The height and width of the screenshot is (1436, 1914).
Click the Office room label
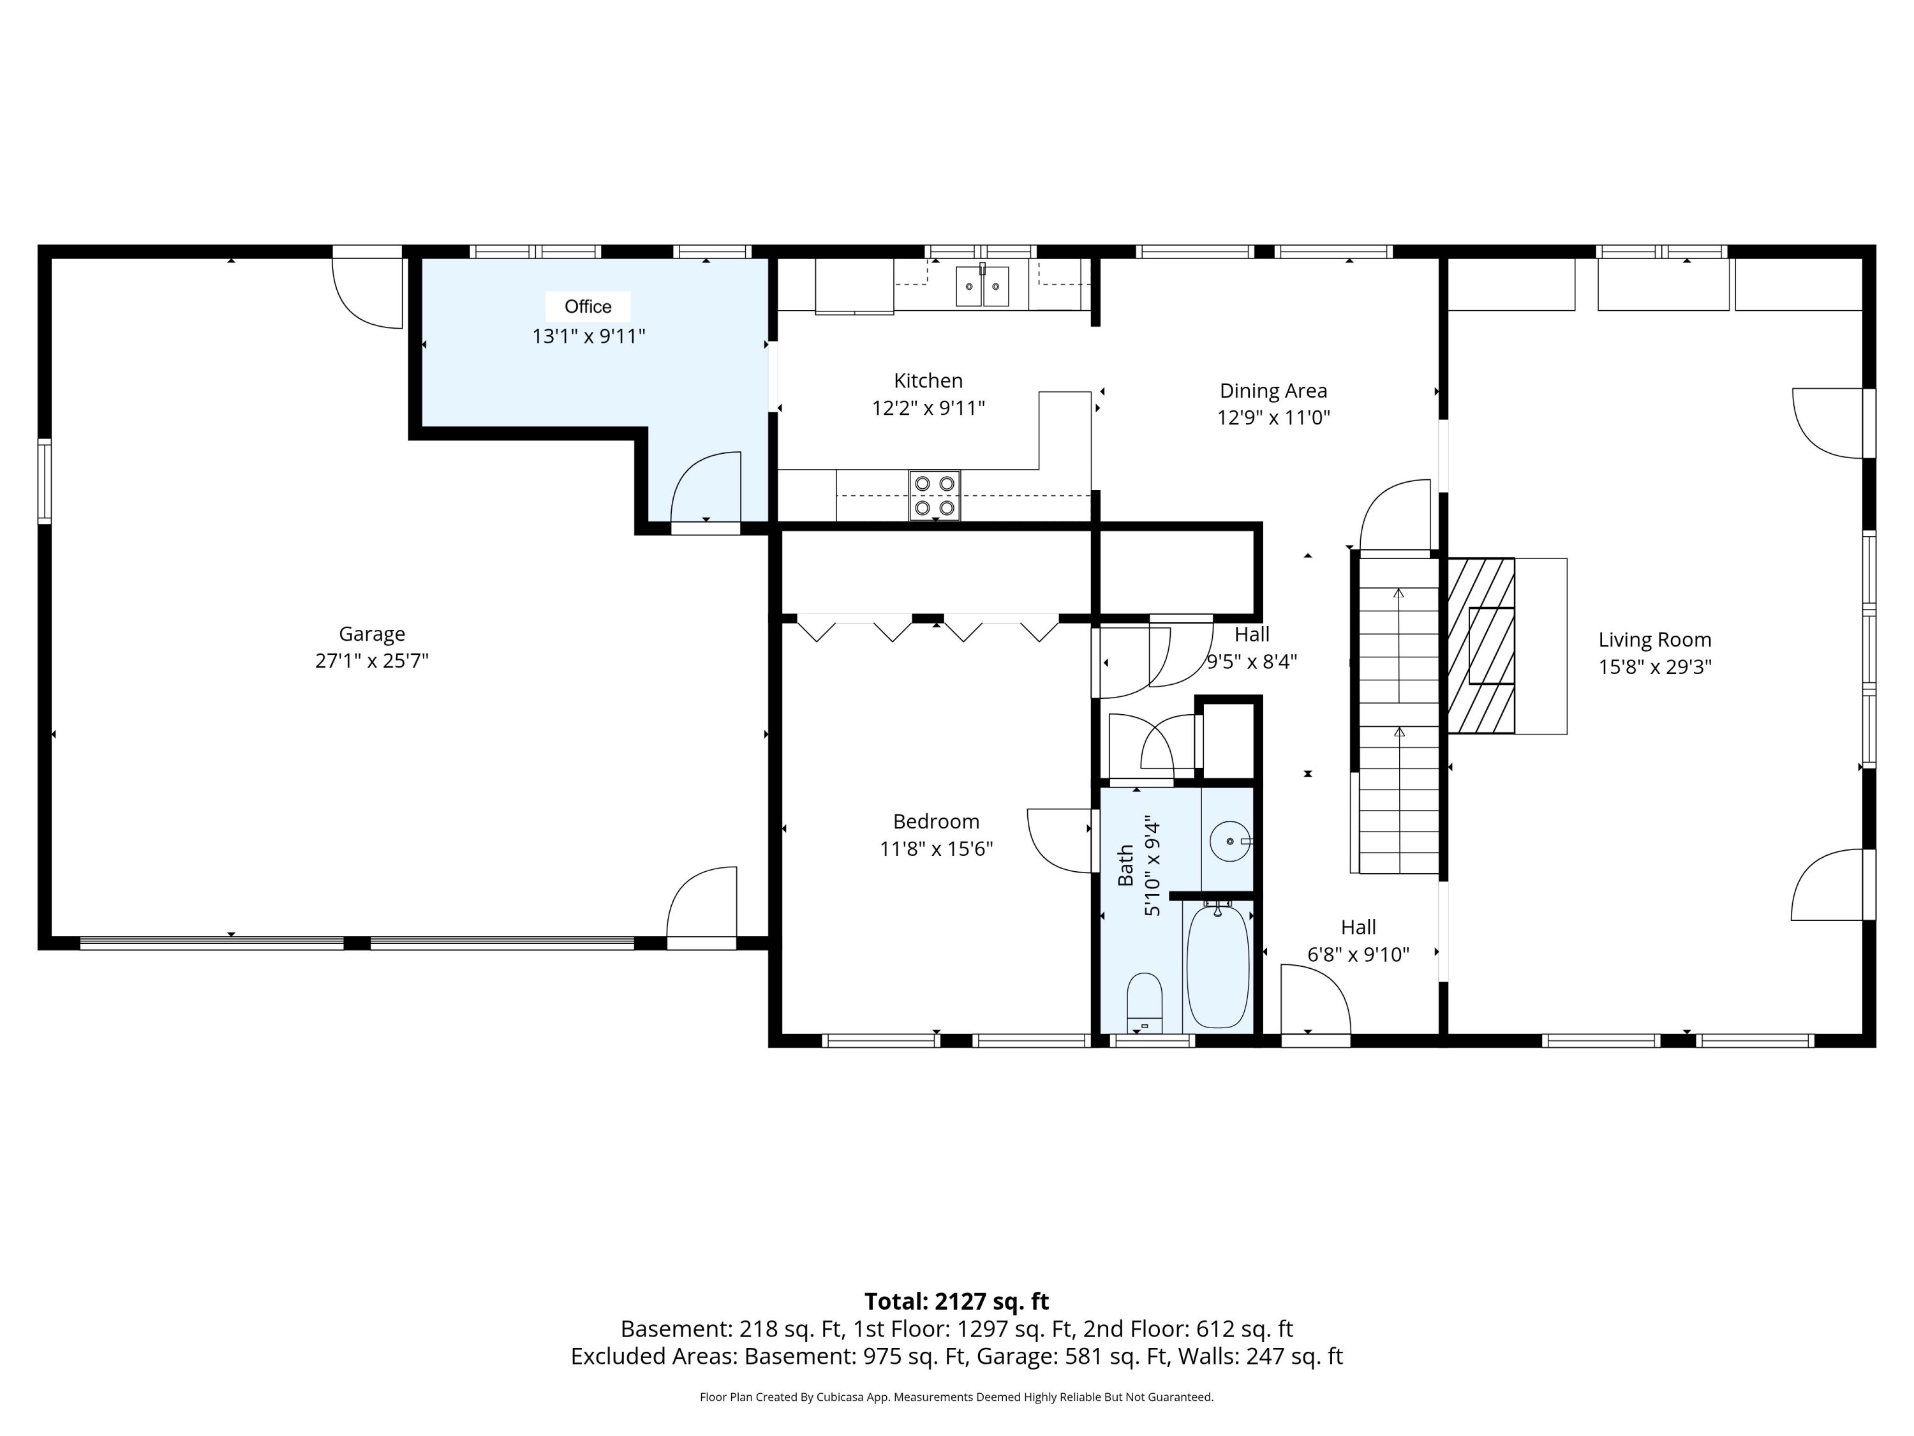(588, 306)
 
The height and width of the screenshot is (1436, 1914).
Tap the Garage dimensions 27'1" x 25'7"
(372, 661)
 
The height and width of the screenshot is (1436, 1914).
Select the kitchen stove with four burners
(935, 496)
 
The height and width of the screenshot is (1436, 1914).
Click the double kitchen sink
(982, 287)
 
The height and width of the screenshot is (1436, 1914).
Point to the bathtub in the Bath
(1217, 966)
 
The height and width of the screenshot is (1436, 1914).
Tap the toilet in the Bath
(1145, 1004)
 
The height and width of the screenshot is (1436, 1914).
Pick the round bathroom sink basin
(1229, 841)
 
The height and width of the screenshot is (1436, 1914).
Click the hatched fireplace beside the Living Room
(1481, 646)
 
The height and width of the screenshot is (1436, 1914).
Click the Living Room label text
(1654, 639)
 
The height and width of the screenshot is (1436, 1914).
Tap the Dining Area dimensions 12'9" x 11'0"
(1273, 418)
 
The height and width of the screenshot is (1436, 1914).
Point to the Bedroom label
(936, 821)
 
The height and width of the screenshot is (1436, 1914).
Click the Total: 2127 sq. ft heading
(956, 1302)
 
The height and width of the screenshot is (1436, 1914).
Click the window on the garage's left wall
(44, 481)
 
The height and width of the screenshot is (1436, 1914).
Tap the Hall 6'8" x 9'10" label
(1358, 941)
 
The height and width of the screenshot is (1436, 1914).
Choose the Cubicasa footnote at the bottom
(956, 1397)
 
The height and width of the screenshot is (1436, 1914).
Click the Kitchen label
(928, 381)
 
